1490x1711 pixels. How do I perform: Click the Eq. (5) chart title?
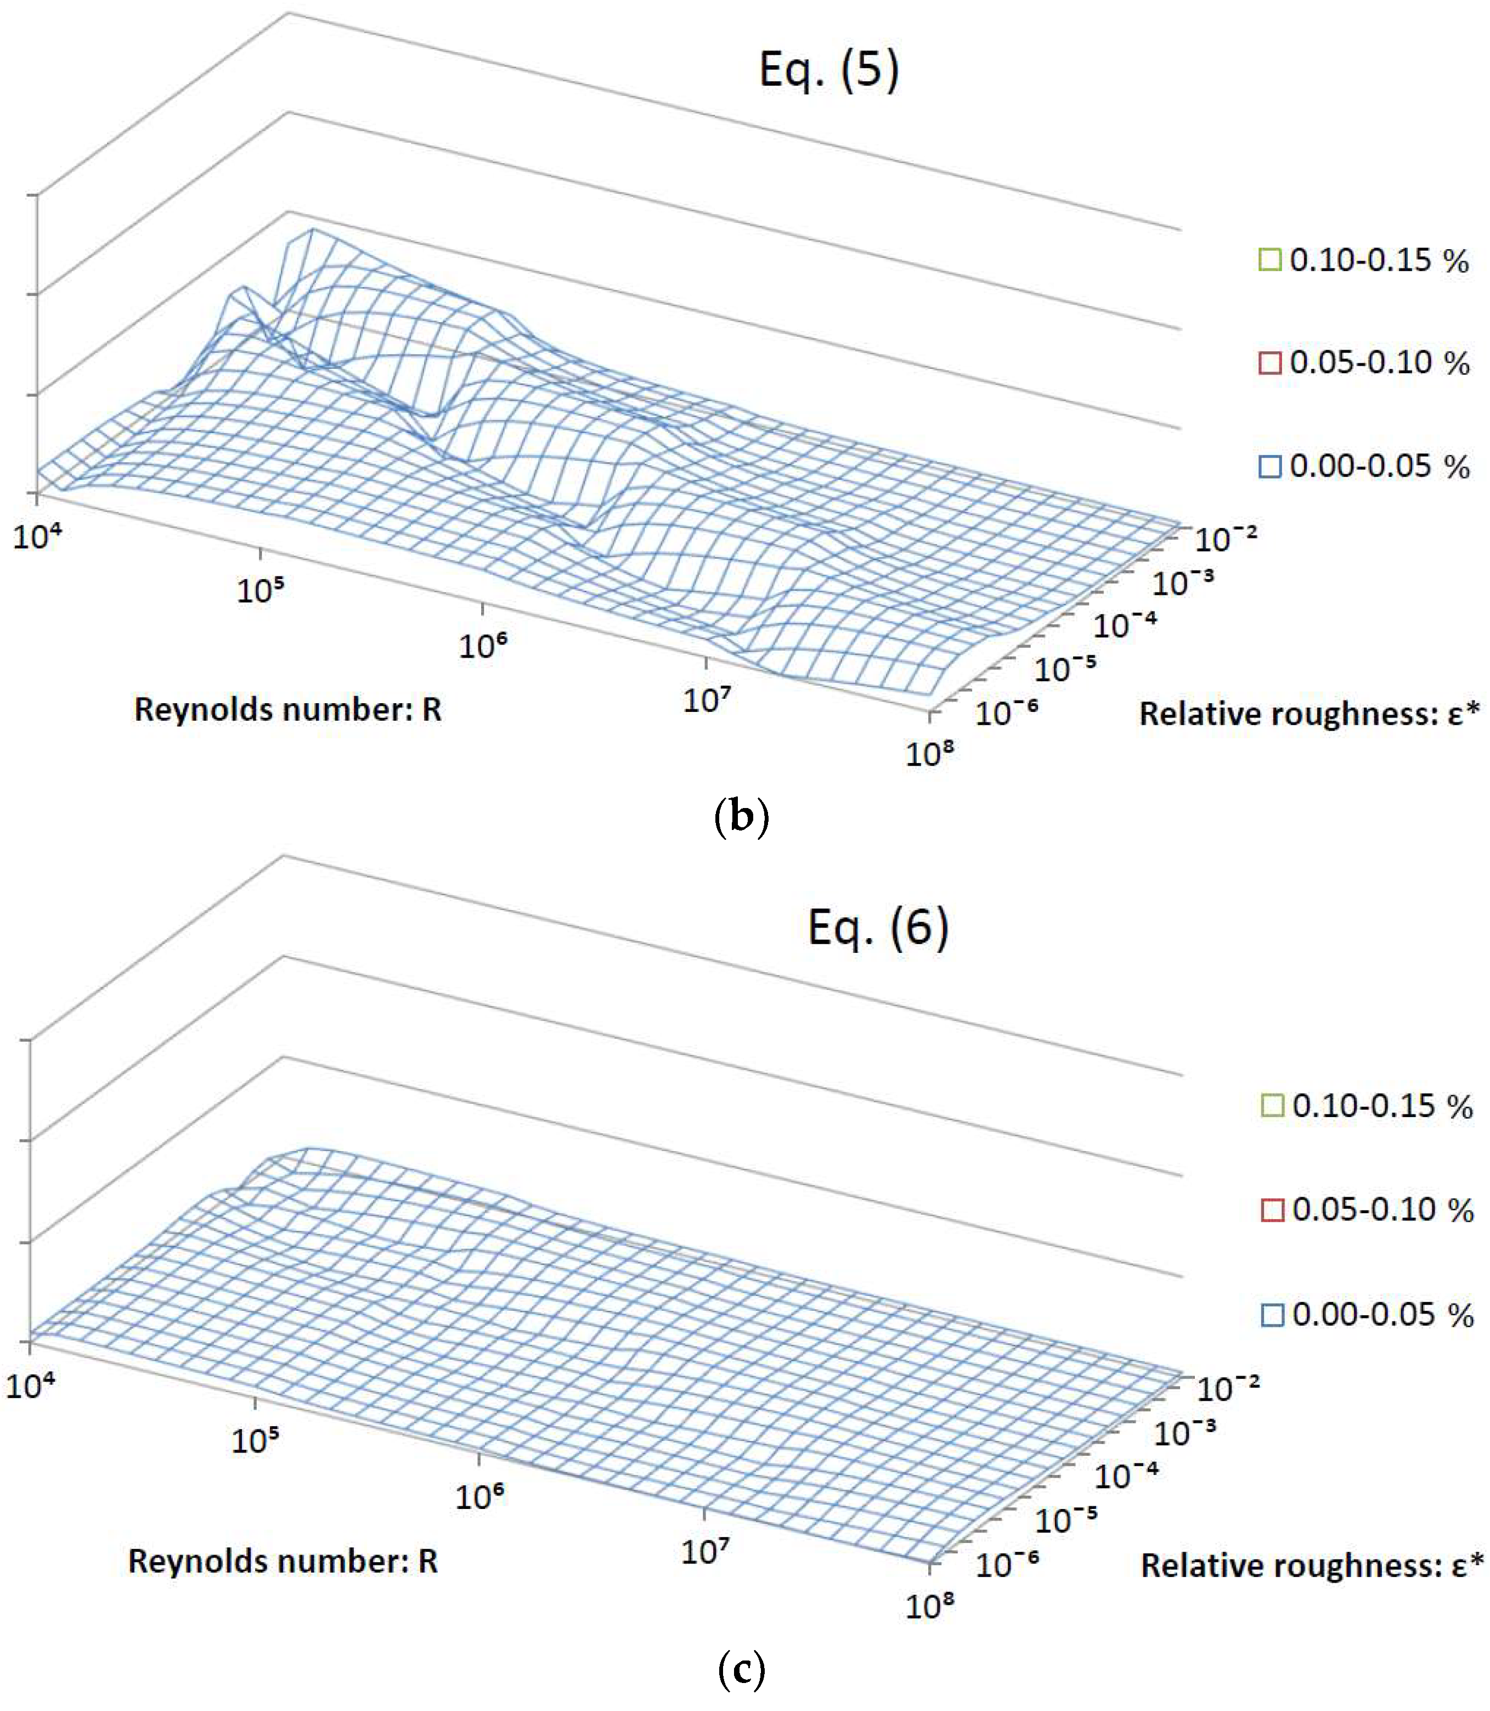829,69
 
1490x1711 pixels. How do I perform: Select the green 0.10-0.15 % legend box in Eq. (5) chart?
1269,260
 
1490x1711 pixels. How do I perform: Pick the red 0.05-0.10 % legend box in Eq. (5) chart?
1269,363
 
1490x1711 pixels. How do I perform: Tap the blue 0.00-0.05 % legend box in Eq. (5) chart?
1269,467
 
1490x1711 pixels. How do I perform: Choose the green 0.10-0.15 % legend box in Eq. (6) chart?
1272,1106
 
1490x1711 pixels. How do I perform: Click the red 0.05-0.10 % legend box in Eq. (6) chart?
1272,1209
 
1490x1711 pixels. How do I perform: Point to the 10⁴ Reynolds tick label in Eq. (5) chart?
37,536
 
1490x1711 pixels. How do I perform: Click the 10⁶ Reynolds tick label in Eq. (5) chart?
482,644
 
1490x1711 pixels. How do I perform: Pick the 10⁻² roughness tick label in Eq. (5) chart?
1225,539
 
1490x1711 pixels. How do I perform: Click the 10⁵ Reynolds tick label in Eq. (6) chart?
255,1439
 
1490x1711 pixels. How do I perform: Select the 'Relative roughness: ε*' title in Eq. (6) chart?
1311,1566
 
